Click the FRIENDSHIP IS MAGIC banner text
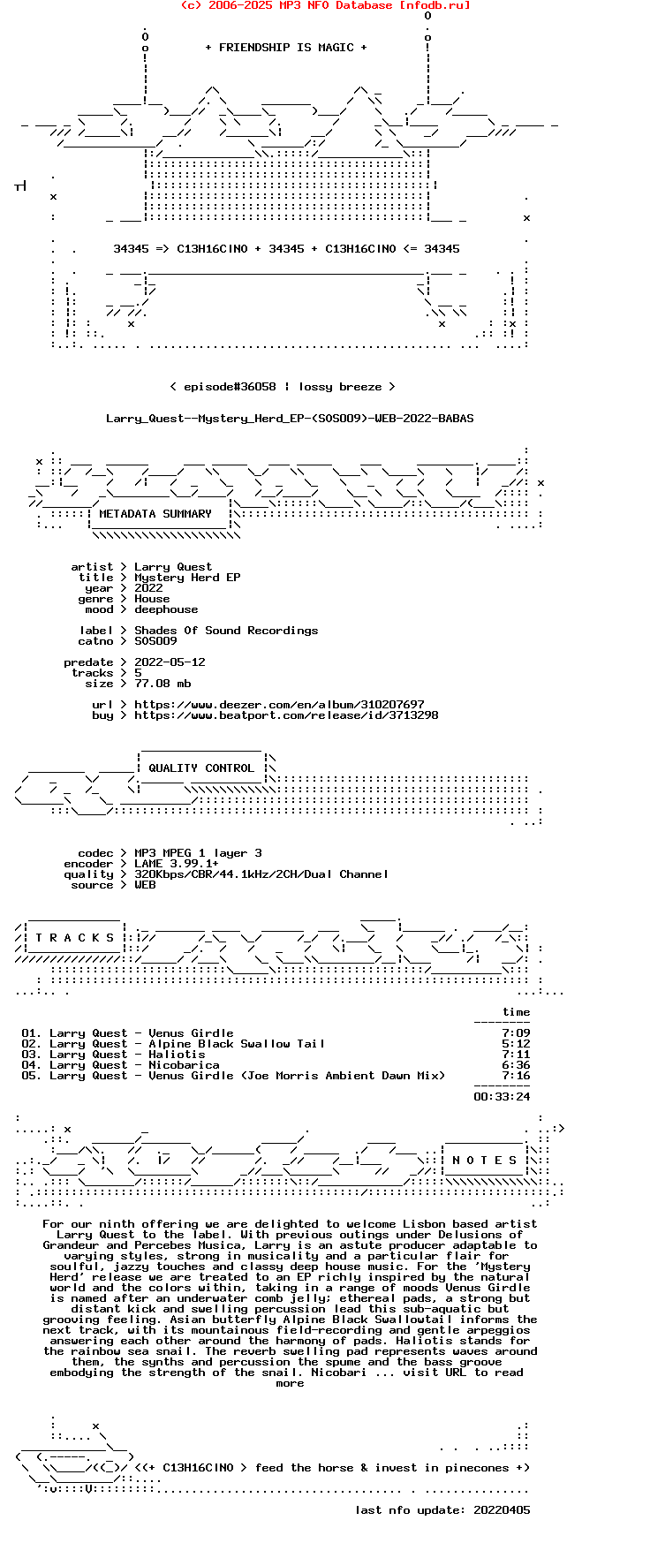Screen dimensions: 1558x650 (x=286, y=48)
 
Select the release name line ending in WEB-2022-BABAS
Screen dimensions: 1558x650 (x=290, y=419)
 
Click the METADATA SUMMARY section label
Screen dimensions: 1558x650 (x=155, y=514)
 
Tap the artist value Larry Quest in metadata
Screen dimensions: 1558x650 (x=173, y=567)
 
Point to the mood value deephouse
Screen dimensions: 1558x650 (x=166, y=609)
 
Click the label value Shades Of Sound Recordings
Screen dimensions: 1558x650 (x=226, y=631)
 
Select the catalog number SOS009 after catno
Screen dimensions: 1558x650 (x=155, y=641)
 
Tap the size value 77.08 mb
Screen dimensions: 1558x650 (x=162, y=684)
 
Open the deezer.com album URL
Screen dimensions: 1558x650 (x=279, y=705)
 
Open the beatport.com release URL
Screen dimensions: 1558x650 (x=286, y=715)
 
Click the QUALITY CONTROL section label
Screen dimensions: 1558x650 (x=201, y=768)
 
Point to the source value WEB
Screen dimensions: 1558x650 (x=145, y=885)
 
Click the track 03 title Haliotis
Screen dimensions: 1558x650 (x=177, y=1055)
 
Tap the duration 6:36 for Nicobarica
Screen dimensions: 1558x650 (x=516, y=1065)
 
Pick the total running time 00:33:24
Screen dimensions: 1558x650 (x=502, y=1097)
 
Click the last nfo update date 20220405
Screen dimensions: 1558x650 (x=502, y=1510)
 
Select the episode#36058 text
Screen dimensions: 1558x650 (x=230, y=387)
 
